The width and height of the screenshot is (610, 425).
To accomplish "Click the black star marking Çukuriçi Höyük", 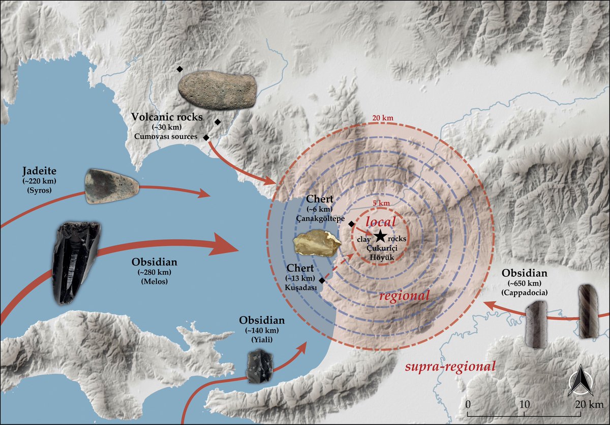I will (379, 236).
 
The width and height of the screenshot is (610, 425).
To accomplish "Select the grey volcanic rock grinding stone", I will (217, 90).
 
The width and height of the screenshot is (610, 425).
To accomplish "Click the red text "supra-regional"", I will (449, 366).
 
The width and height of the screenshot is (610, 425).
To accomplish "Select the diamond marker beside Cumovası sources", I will (206, 137).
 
